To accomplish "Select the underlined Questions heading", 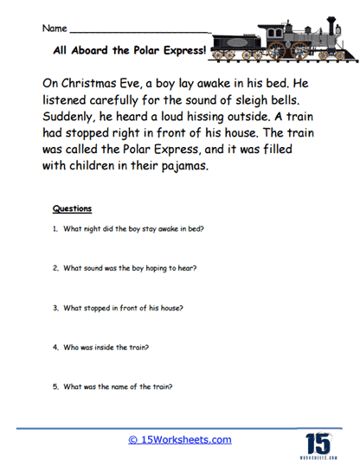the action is (72, 208).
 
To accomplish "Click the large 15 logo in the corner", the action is (318, 438).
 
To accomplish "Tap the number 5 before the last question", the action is (54, 386).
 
